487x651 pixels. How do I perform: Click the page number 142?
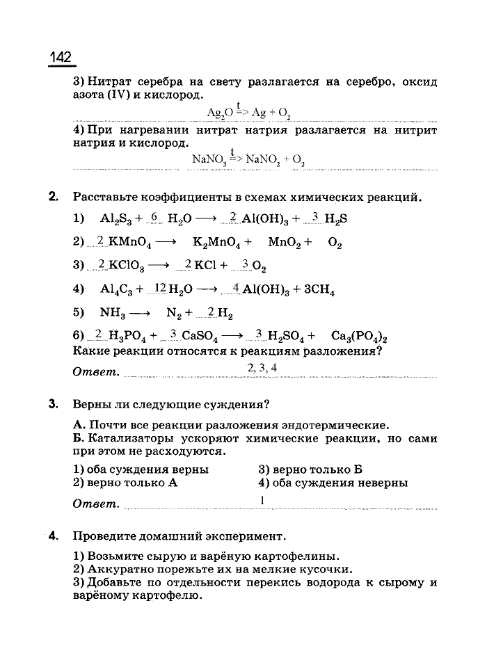61,58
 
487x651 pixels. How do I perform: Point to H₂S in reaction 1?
335,218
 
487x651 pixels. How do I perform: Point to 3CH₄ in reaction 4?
319,291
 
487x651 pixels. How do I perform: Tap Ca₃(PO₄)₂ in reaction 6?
359,337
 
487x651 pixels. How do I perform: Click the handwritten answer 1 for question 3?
262,500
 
